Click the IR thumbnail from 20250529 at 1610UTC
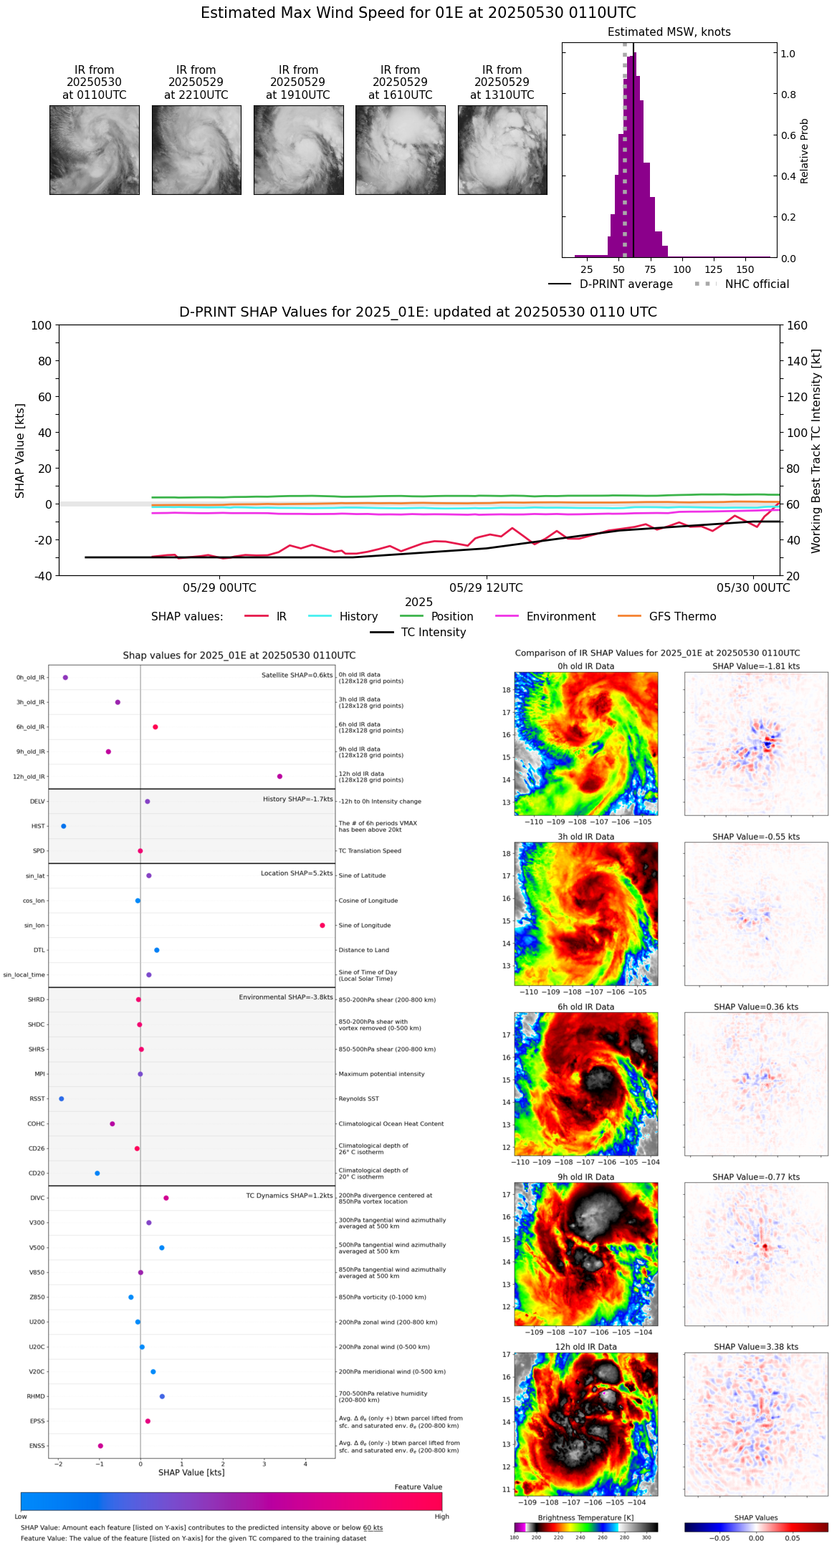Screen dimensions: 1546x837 pos(400,150)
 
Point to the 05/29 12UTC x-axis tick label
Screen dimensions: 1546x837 pos(486,588)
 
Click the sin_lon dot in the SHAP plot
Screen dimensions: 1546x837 pos(322,926)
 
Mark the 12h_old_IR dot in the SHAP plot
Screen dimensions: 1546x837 pos(279,777)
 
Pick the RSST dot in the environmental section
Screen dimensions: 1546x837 pos(62,1099)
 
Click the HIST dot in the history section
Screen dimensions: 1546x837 pos(64,826)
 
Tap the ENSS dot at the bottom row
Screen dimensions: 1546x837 pos(100,1446)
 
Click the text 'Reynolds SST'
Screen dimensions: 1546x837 pos(359,1099)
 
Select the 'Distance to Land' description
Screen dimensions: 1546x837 pos(363,950)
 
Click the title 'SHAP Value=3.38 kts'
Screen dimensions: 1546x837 pos(756,1347)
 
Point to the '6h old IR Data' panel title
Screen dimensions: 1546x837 pos(585,1007)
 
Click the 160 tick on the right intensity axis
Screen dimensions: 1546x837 pos(797,325)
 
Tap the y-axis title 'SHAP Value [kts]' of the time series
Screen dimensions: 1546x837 pos(20,451)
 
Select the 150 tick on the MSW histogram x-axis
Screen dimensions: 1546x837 pos(745,269)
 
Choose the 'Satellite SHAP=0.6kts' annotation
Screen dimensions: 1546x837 pos(297,675)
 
